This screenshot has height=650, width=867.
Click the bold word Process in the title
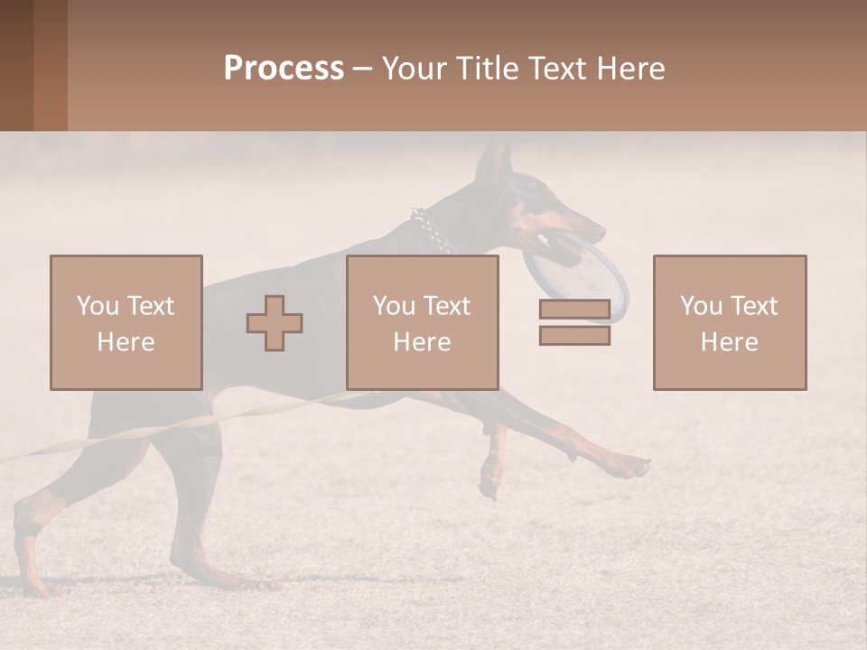tap(284, 69)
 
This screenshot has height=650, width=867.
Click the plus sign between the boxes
tap(275, 323)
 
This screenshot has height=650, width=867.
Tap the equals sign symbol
tap(574, 322)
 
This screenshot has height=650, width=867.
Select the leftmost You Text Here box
tap(126, 322)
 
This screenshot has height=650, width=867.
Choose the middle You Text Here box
tap(423, 322)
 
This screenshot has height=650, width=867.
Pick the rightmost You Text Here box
tap(730, 322)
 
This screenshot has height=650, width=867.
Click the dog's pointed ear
tap(493, 162)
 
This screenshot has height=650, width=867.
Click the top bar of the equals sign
tap(574, 310)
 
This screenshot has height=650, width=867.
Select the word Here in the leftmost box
tap(126, 342)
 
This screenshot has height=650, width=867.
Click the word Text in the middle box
tap(447, 306)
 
